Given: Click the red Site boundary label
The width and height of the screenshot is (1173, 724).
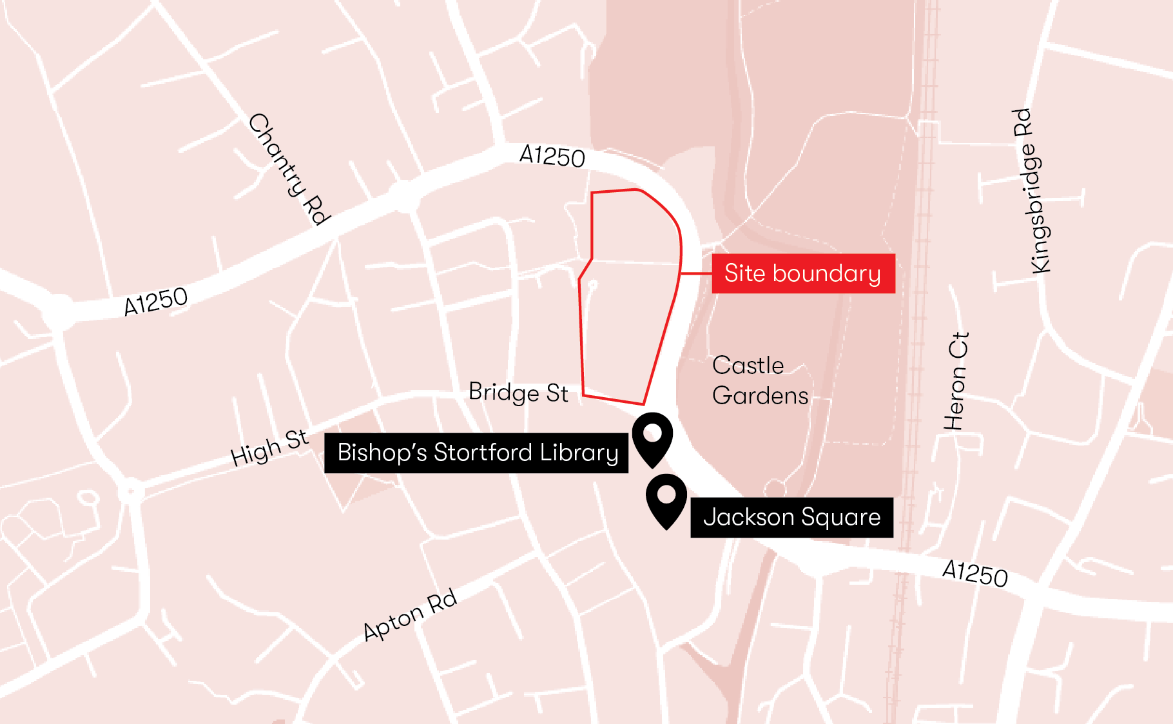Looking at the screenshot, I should tap(803, 274).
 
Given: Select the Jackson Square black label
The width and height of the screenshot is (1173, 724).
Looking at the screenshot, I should tap(791, 518).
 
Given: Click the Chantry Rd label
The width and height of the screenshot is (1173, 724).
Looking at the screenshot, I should tap(289, 169).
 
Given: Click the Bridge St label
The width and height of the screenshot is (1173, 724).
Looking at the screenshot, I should tap(518, 393).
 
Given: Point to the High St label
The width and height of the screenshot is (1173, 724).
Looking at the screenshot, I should tap(269, 447).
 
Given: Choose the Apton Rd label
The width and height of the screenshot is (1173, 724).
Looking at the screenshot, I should tap(410, 615).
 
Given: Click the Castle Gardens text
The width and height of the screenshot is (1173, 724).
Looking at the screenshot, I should tap(759, 380).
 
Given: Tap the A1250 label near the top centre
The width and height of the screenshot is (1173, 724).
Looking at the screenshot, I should tap(552, 156).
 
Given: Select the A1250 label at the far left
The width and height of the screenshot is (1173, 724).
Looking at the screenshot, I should tap(155, 301).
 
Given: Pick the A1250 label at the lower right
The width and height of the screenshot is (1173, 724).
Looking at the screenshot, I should tap(974, 573).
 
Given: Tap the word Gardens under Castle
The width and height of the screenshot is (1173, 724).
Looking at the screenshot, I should tap(760, 396).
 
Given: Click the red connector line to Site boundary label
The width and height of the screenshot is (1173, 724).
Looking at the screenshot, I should tap(696, 274).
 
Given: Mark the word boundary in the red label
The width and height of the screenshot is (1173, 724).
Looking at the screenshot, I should tap(826, 274).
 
